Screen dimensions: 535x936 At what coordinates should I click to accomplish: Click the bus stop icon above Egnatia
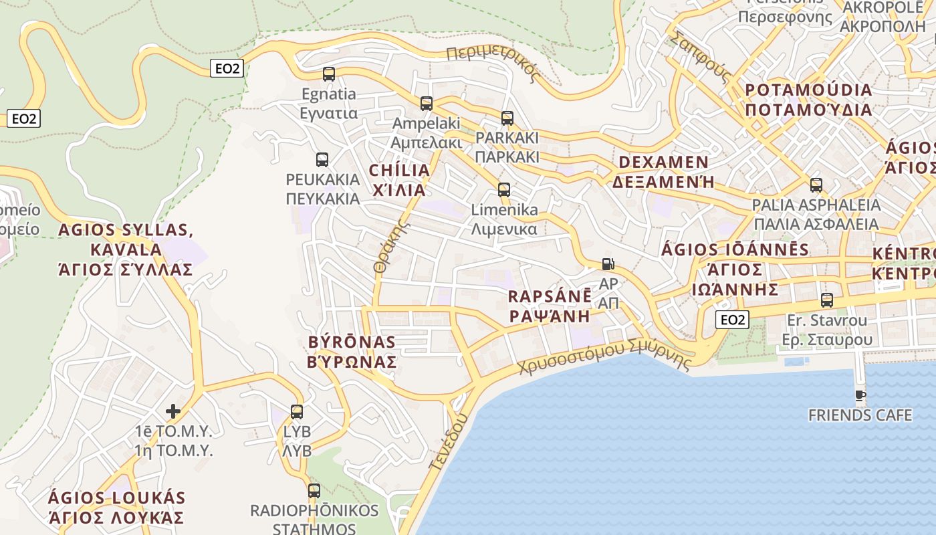328,74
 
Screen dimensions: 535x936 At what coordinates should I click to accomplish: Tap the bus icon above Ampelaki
427,104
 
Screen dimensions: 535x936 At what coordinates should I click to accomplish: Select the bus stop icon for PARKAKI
507,118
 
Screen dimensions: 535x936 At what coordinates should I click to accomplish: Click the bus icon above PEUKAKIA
322,160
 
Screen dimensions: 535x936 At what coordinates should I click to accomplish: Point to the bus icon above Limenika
504,190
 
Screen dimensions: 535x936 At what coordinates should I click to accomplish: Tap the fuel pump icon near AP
608,264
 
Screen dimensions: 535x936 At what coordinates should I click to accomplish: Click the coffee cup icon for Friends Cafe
860,396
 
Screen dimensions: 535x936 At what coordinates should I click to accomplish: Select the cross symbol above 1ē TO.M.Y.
173,411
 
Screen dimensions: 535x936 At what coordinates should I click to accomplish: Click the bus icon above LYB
297,412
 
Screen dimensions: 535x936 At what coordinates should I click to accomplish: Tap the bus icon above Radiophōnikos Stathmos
314,491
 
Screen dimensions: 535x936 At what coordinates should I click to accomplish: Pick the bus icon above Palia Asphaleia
816,185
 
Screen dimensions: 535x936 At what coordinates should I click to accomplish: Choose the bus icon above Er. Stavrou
827,300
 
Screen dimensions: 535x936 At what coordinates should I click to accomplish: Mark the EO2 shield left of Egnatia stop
227,68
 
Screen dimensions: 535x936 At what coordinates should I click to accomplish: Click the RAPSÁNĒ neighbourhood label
550,306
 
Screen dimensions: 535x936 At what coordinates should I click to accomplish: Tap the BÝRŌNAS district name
352,352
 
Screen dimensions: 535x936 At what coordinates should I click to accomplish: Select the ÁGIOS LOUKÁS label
116,508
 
